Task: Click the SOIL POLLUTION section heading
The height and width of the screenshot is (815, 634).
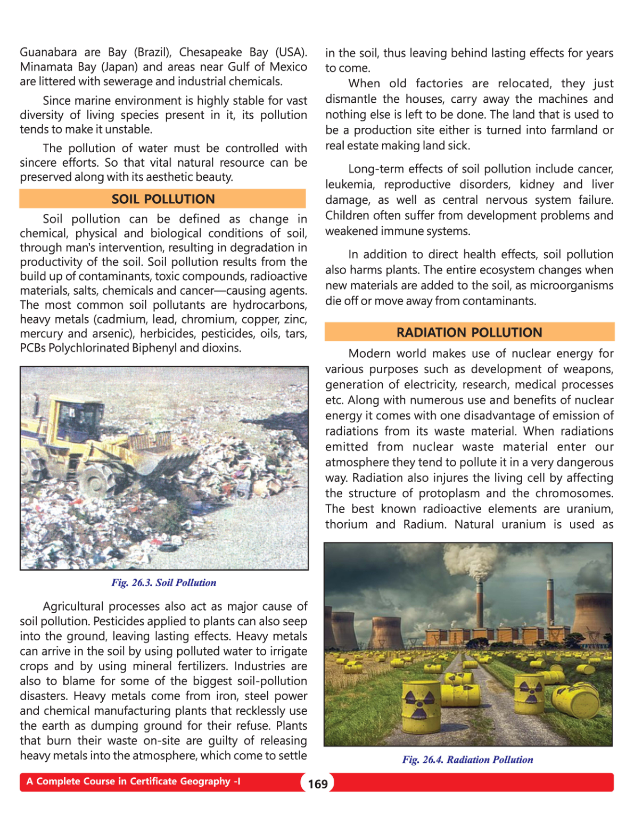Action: pyautogui.click(x=163, y=199)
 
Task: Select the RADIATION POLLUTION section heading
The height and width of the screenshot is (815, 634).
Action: pyautogui.click(x=469, y=332)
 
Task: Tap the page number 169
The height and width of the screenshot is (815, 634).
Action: pyautogui.click(x=318, y=784)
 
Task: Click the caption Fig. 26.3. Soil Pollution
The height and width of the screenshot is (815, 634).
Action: pyautogui.click(x=163, y=582)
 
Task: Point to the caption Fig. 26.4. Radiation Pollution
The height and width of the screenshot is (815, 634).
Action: pyautogui.click(x=467, y=760)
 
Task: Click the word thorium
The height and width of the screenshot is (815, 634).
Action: pyautogui.click(x=346, y=524)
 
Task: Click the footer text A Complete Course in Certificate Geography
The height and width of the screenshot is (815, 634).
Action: pyautogui.click(x=133, y=781)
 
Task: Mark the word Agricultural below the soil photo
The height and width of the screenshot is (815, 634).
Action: pyautogui.click(x=73, y=606)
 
